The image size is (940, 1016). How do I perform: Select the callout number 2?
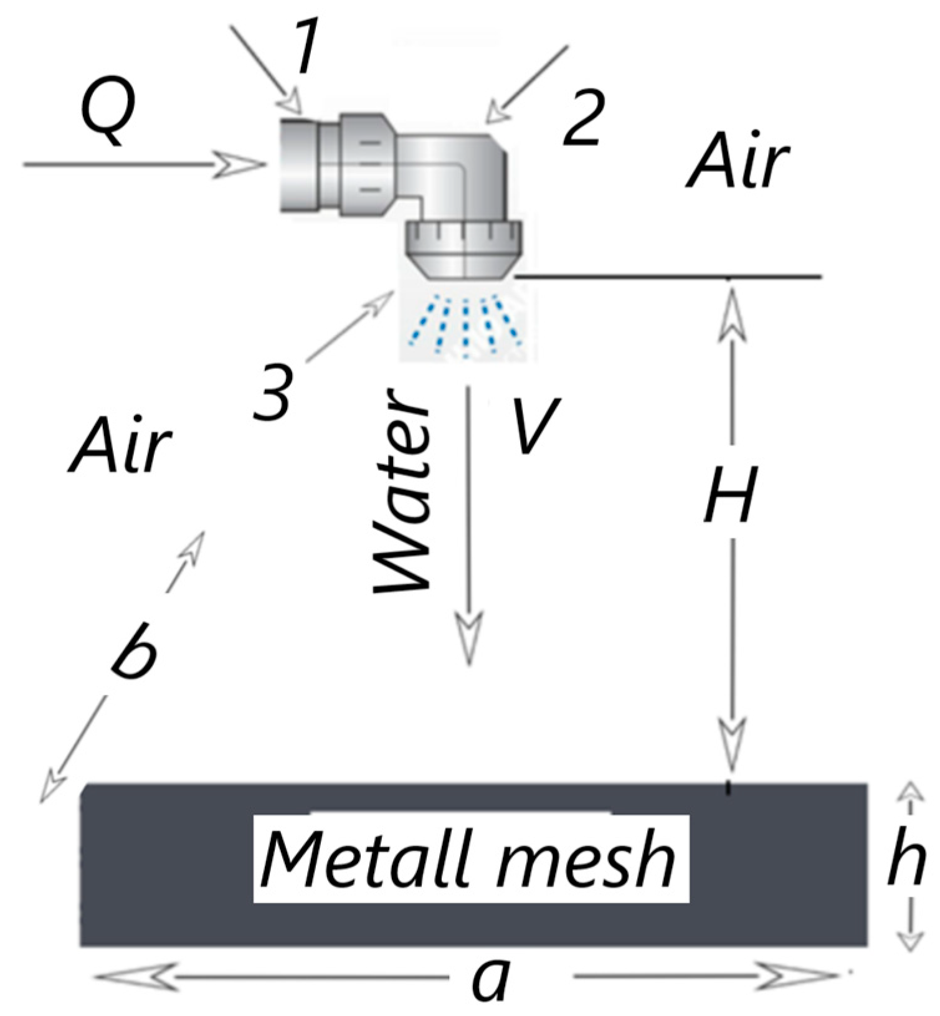tap(582, 121)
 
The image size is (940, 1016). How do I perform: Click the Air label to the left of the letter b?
tap(120, 445)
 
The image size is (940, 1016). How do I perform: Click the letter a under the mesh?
tap(492, 978)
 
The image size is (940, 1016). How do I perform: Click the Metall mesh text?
tap(470, 860)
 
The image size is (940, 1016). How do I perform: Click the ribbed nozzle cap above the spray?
tap(464, 249)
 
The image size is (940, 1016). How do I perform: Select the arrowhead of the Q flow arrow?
tap(240, 165)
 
